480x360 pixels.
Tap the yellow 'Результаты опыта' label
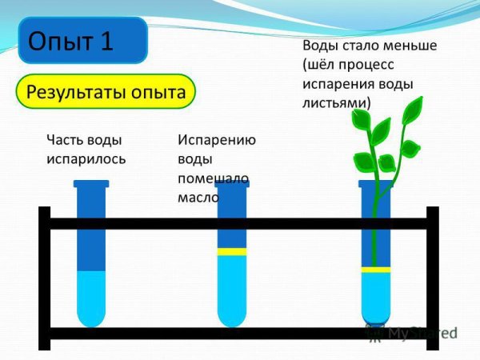[106, 91]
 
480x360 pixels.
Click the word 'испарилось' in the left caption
[86, 158]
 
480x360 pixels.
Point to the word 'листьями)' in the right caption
[337, 102]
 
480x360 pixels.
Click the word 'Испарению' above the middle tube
[217, 140]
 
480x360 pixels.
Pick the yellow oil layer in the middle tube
[232, 251]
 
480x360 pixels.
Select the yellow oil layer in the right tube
[375, 270]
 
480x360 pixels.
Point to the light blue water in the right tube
[375, 296]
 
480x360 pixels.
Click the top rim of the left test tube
[91, 184]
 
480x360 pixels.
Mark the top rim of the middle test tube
[232, 184]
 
